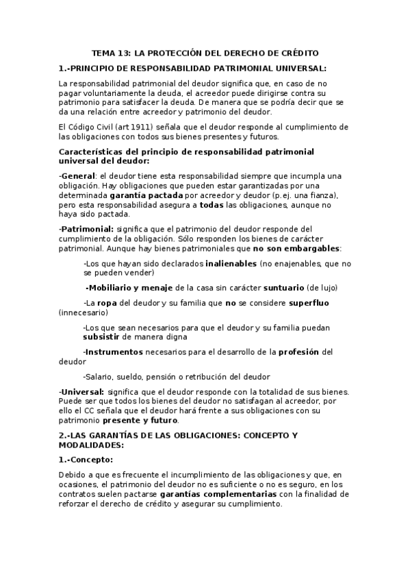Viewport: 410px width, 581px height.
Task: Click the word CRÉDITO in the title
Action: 298,53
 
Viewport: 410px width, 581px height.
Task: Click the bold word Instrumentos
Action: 113,352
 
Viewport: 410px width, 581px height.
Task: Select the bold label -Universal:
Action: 81,391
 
